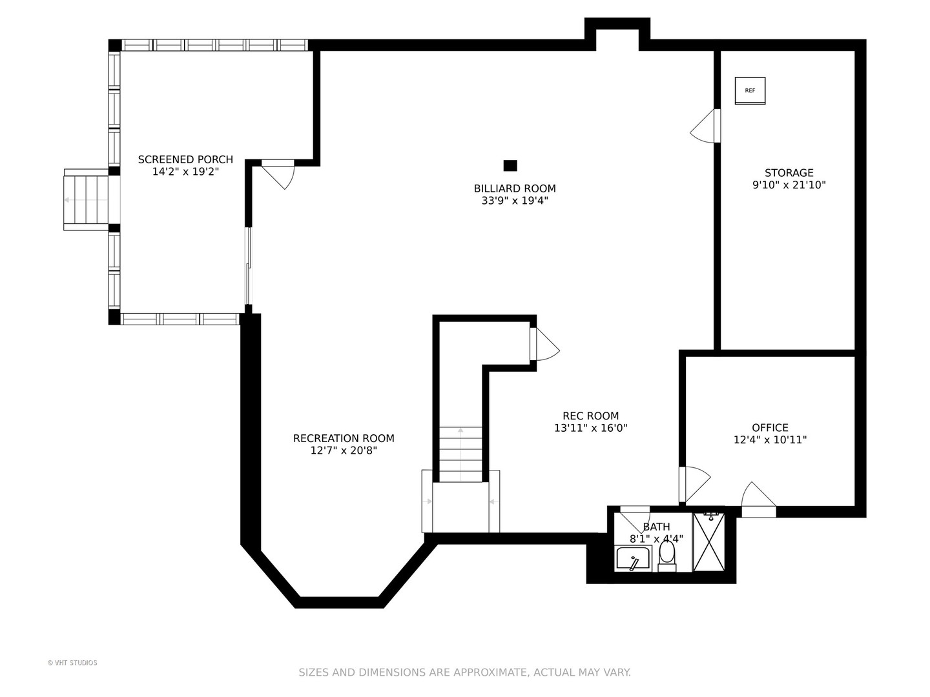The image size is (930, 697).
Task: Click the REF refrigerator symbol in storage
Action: (750, 90)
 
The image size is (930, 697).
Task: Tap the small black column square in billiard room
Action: (510, 165)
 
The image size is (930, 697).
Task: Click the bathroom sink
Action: (634, 559)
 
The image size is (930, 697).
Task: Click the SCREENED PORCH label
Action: (185, 159)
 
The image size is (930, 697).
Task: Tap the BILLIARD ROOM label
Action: (515, 188)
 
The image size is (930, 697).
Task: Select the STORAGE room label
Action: (789, 173)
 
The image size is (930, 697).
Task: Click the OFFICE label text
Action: (770, 427)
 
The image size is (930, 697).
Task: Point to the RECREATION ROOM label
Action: (344, 438)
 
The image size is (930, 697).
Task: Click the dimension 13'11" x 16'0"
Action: (591, 428)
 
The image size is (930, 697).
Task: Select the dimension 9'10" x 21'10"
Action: (789, 185)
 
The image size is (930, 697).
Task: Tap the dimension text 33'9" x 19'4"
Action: (515, 201)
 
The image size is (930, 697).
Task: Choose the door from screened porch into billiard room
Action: (278, 174)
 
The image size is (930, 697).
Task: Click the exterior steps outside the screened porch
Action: (86, 200)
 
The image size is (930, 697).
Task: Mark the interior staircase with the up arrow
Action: (460, 454)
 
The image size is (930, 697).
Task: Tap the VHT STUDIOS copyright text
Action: (72, 663)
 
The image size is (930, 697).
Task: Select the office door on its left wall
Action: (694, 484)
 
